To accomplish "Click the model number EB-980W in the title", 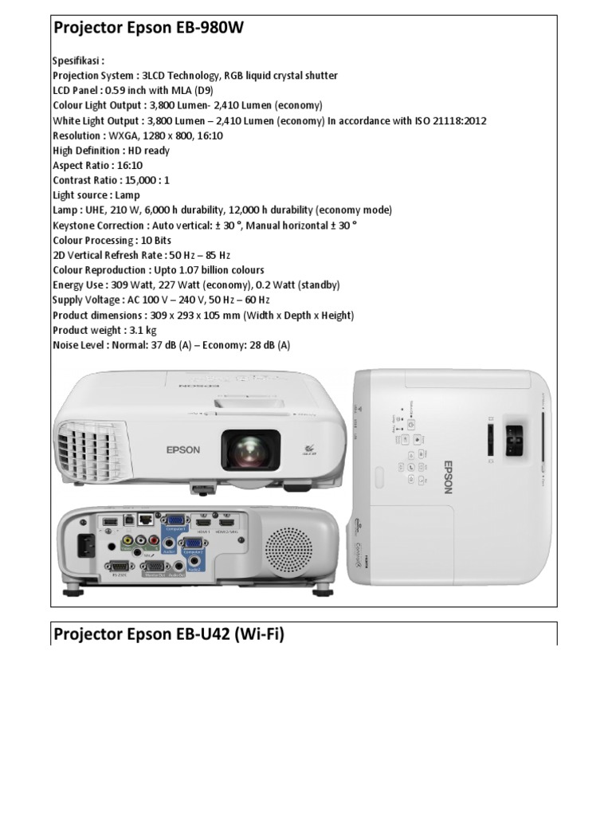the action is click(x=205, y=29).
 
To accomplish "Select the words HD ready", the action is click(x=147, y=151).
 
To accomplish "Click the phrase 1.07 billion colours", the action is click(x=217, y=271).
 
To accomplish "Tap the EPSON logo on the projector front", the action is click(x=183, y=450).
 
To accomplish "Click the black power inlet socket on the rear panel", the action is click(x=84, y=546).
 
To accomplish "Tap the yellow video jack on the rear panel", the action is click(x=127, y=540).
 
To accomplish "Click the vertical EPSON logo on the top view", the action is click(x=447, y=476).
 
